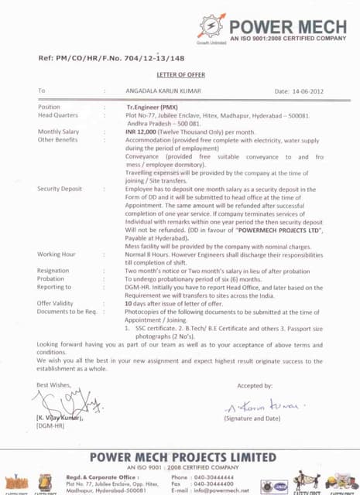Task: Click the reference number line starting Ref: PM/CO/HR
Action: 111,58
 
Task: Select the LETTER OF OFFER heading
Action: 179,74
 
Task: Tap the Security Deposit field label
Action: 60,189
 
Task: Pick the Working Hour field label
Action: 57,254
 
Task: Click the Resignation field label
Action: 53,271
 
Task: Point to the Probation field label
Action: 52,278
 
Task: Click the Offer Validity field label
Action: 55,303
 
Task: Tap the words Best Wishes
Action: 53,384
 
